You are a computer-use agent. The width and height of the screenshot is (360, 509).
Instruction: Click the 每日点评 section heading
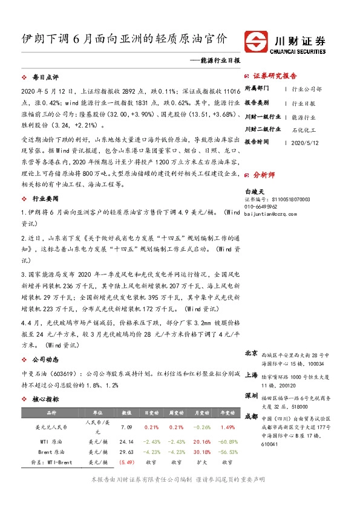tap(45, 78)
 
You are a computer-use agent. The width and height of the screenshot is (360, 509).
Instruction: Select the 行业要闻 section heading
tap(45, 198)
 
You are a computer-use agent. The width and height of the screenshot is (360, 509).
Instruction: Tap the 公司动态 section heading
tap(45, 359)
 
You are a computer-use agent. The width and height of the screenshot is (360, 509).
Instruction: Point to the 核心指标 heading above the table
tap(45, 400)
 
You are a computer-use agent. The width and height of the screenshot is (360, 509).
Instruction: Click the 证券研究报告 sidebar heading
tap(275, 76)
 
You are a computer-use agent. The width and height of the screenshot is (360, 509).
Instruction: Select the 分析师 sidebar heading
tap(264, 175)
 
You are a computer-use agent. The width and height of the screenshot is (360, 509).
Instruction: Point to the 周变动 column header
tap(174, 413)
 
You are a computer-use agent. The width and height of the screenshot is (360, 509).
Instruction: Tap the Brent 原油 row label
tap(44, 452)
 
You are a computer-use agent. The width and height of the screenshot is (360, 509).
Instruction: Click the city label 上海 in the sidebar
tap(252, 375)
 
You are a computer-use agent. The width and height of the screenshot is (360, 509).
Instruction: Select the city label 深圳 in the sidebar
tap(252, 396)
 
